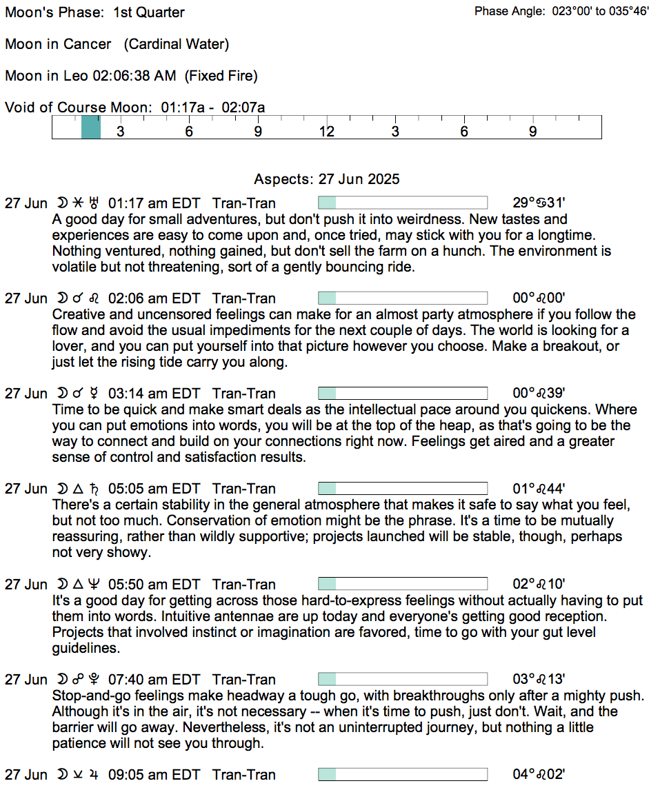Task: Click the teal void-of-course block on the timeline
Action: pos(90,128)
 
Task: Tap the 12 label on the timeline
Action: pos(326,132)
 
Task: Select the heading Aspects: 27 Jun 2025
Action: pos(326,179)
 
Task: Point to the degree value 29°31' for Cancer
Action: pos(539,203)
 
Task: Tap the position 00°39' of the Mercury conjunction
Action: pos(539,394)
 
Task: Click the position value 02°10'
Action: pos(539,585)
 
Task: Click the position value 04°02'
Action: pos(539,775)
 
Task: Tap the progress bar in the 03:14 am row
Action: pos(402,394)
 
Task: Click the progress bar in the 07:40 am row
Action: pos(402,680)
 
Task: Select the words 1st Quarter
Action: pos(150,12)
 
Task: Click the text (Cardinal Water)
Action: pos(177,44)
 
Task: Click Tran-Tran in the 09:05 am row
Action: pos(244,775)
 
